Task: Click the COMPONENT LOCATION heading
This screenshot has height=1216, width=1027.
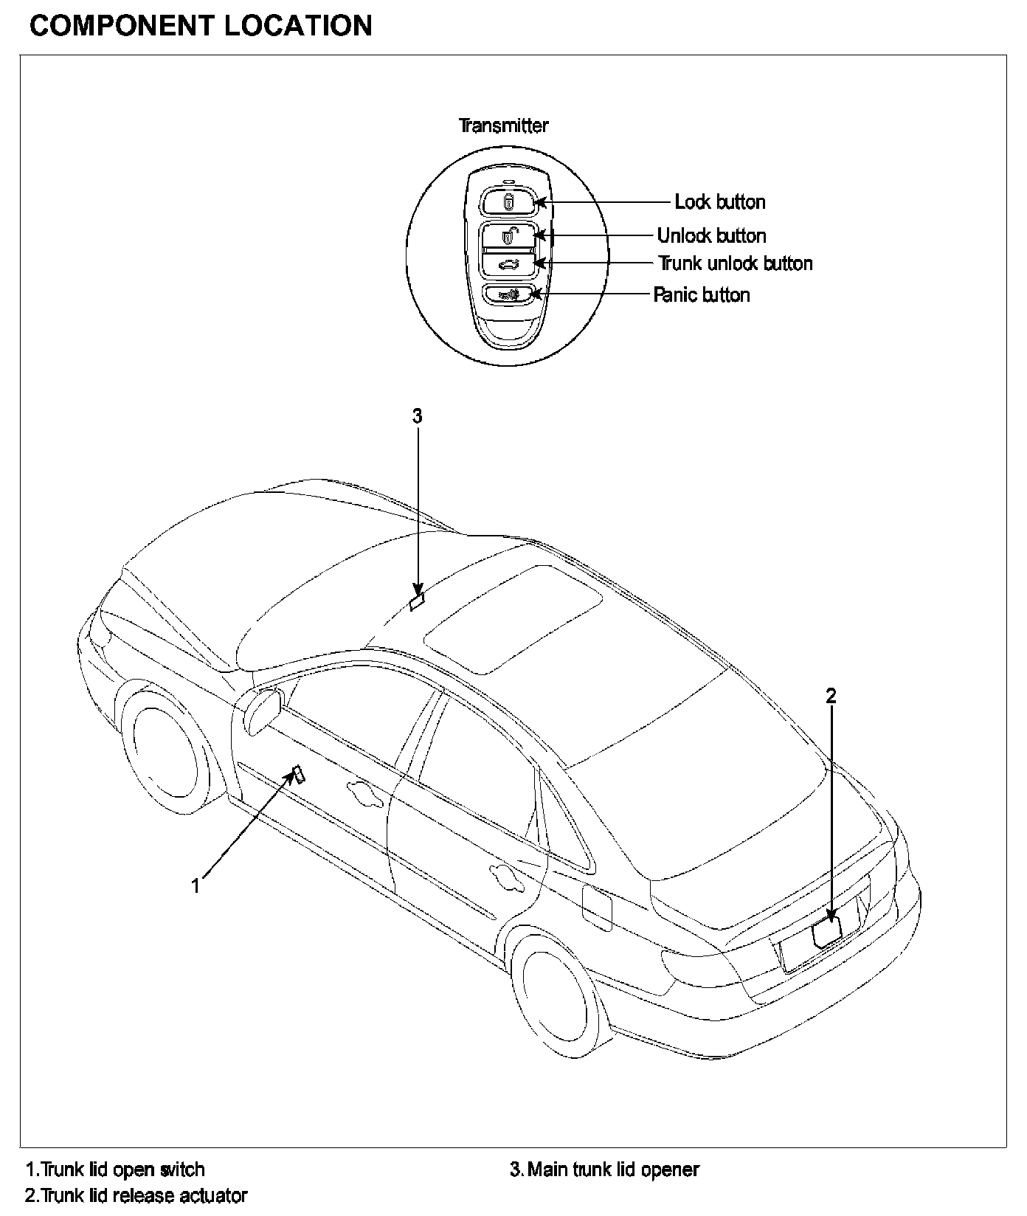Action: pos(201,26)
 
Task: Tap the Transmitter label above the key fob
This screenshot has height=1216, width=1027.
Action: pos(503,125)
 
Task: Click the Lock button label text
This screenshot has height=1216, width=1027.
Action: pos(719,202)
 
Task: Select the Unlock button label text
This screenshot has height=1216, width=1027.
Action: pos(711,236)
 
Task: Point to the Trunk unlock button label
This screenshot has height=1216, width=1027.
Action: pos(735,263)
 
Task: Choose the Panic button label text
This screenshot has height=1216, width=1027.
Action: pos(702,295)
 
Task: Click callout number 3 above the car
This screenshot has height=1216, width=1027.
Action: pos(417,416)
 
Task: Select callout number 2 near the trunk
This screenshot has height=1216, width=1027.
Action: pos(831,695)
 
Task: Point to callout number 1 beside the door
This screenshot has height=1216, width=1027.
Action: pos(196,885)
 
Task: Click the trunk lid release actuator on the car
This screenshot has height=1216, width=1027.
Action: pos(827,934)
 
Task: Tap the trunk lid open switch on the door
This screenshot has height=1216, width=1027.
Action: pos(299,774)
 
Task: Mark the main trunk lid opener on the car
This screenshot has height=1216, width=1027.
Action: pos(418,602)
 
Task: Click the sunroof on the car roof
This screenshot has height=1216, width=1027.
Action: pos(513,618)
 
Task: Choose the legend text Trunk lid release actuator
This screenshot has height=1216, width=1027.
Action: pos(136,1195)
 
